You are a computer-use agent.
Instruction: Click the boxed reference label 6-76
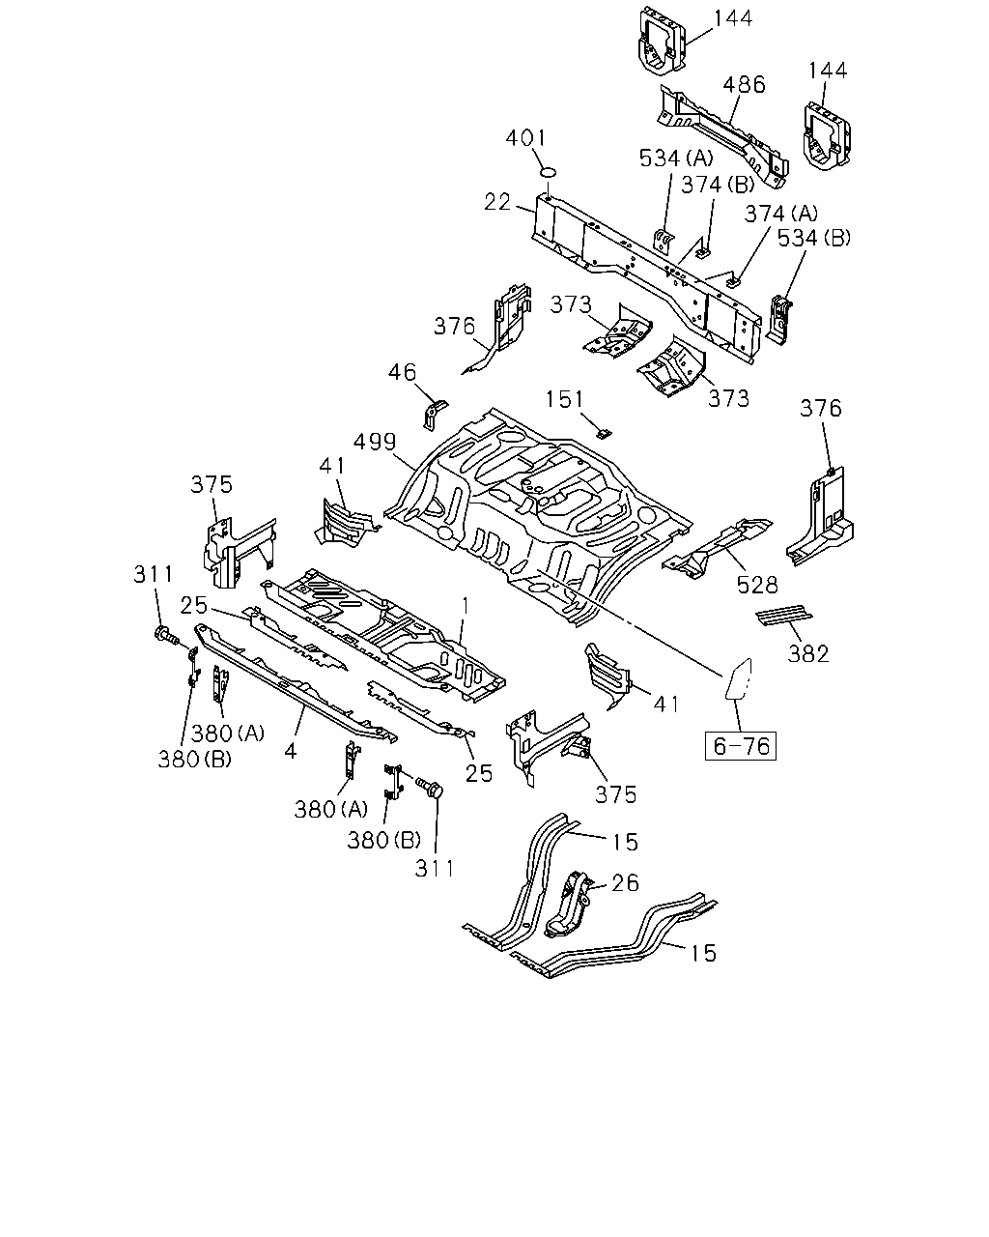point(740,745)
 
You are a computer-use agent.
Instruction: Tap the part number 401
point(525,138)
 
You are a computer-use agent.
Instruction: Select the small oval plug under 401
point(549,172)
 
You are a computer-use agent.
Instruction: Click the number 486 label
point(745,84)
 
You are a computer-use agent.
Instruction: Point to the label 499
point(375,442)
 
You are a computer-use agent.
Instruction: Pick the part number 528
point(757,586)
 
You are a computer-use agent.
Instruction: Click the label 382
point(808,653)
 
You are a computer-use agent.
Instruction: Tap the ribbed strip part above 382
point(784,617)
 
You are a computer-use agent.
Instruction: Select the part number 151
point(564,399)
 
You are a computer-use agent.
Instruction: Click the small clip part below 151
point(604,433)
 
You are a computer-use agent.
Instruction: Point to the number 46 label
point(402,372)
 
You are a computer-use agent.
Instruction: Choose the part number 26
point(625,883)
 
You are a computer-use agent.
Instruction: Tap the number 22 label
point(497,202)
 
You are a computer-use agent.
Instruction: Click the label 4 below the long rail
point(291,751)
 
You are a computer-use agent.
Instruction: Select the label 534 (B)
point(814,238)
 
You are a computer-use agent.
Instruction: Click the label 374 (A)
point(781,214)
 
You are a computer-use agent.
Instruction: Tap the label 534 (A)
point(676,158)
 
